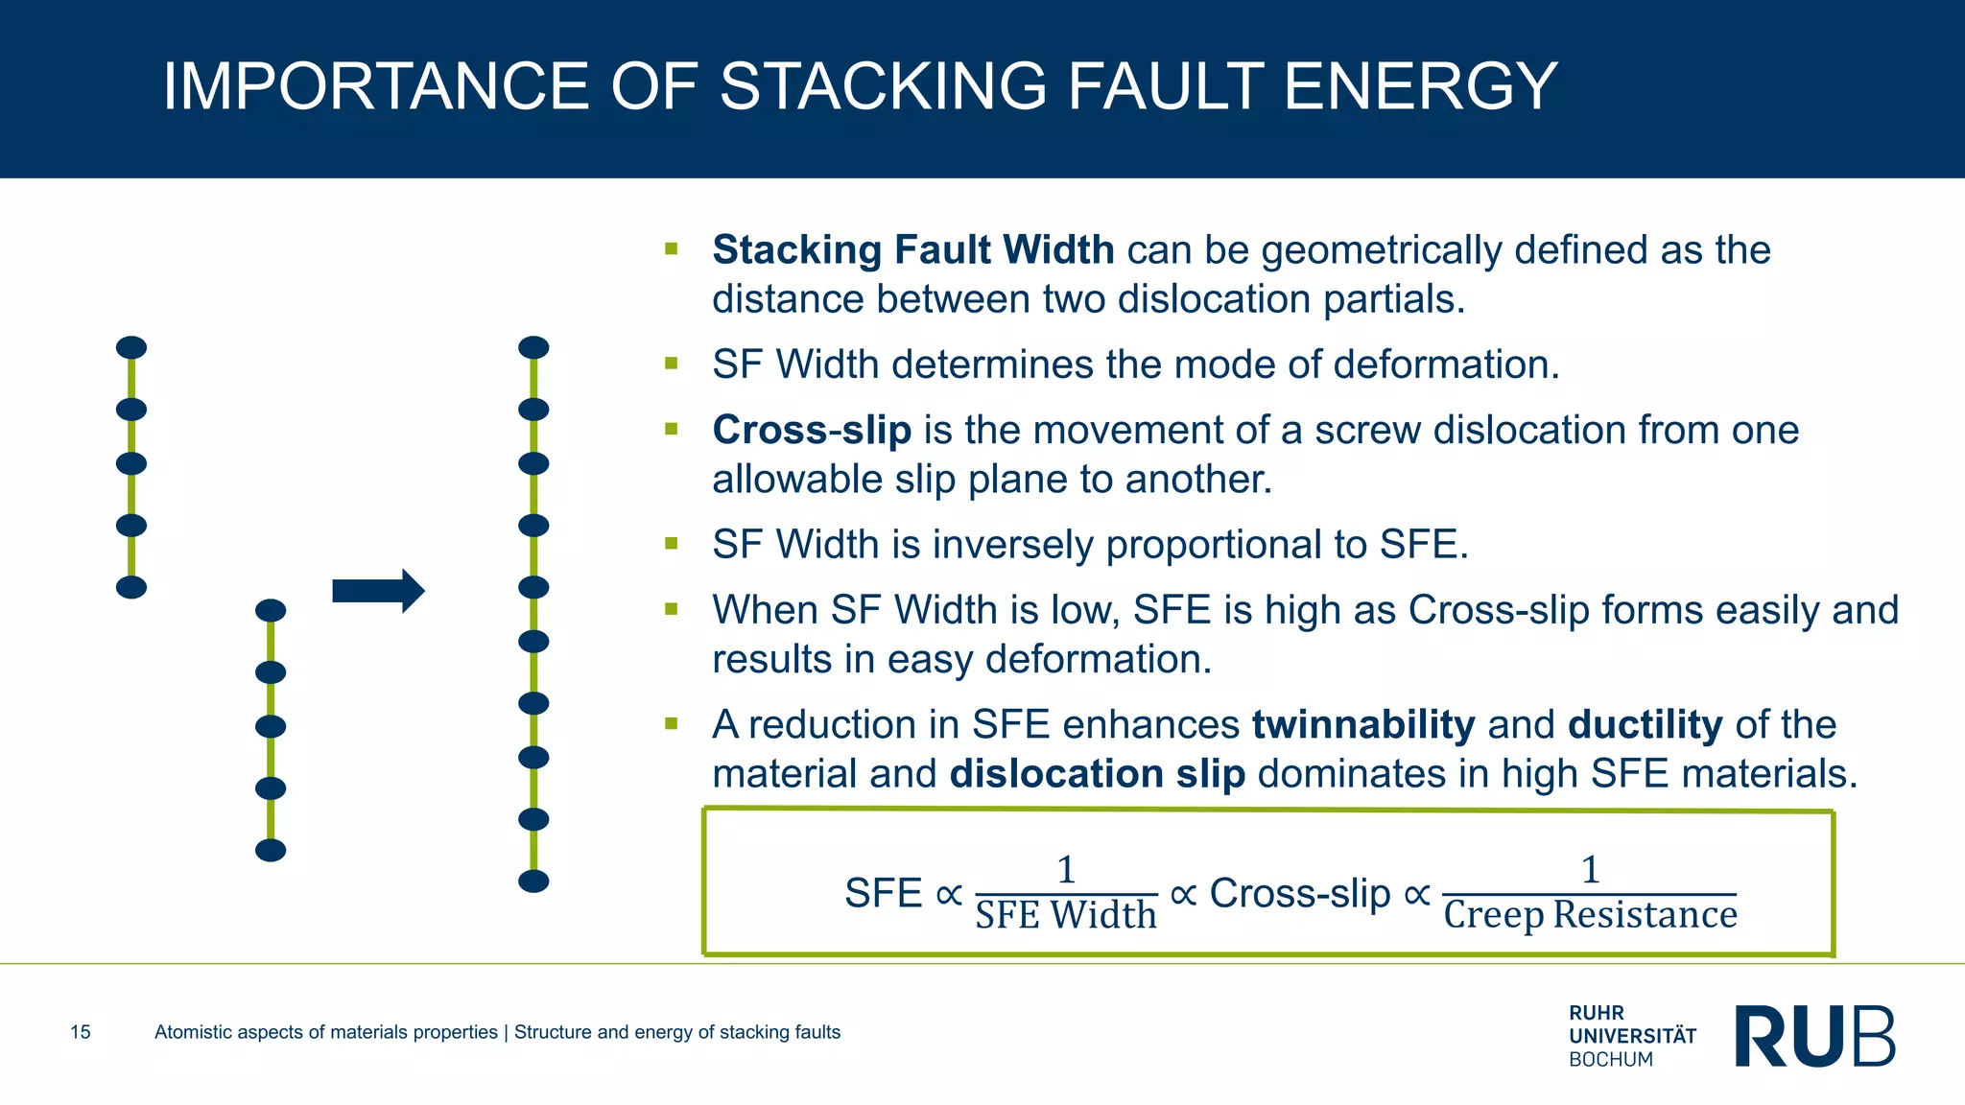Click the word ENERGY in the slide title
point(1420,86)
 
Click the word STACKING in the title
point(883,86)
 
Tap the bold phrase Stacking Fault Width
point(912,250)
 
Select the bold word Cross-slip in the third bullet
point(812,431)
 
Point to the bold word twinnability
point(1363,725)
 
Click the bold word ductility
point(1645,725)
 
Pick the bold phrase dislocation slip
point(1097,774)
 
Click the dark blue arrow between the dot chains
point(378,591)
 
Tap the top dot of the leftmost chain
point(131,347)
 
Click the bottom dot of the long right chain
point(533,882)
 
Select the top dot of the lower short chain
point(271,611)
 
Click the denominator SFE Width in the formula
point(1066,915)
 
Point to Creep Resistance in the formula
point(1590,915)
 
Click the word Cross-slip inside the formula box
point(1299,894)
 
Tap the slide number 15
point(81,1032)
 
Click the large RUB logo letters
point(1814,1036)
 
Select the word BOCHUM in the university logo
point(1611,1060)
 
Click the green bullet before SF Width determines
point(671,364)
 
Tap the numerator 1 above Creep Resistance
point(1590,870)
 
